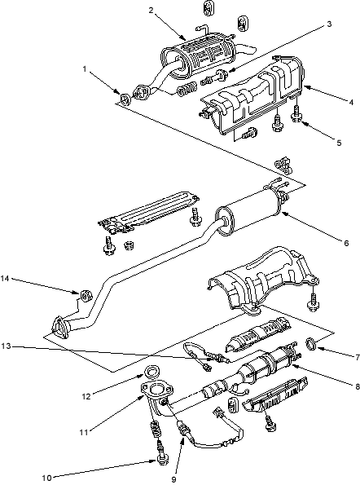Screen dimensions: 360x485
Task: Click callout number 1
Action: (85, 68)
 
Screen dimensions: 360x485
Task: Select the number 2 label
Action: (151, 11)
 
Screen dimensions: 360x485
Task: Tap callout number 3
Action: (329, 24)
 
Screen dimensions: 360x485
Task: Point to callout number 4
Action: (351, 102)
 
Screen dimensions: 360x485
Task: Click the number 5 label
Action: (339, 143)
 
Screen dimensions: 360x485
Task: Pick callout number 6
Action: (346, 243)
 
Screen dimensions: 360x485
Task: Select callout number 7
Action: (358, 358)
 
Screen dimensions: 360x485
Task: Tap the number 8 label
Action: (358, 386)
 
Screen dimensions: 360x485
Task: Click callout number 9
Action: (173, 479)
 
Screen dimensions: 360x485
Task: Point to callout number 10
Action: (46, 478)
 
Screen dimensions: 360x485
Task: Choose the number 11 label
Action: (84, 432)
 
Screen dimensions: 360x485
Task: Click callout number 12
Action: (86, 396)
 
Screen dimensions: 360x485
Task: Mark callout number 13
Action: (6, 346)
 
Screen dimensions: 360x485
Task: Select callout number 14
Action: (5, 279)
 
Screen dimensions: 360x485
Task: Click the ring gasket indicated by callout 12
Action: (151, 371)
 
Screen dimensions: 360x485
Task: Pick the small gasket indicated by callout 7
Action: (311, 344)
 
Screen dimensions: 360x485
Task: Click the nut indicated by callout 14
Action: (86, 295)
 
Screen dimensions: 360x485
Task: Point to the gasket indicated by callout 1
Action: (125, 99)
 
